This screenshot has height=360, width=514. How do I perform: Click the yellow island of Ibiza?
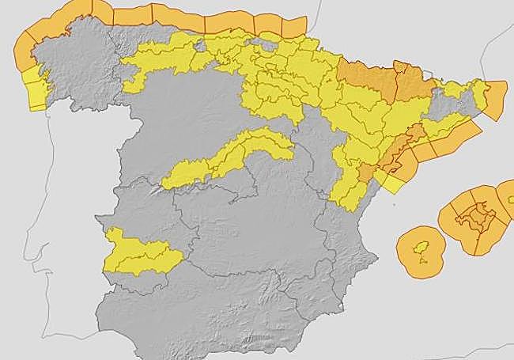tap(421, 239)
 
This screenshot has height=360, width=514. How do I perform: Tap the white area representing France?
tap(395, 24)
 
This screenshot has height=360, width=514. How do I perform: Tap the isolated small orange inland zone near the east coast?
tap(366, 172)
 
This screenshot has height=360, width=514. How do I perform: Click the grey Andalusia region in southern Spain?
tap(206, 309)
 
